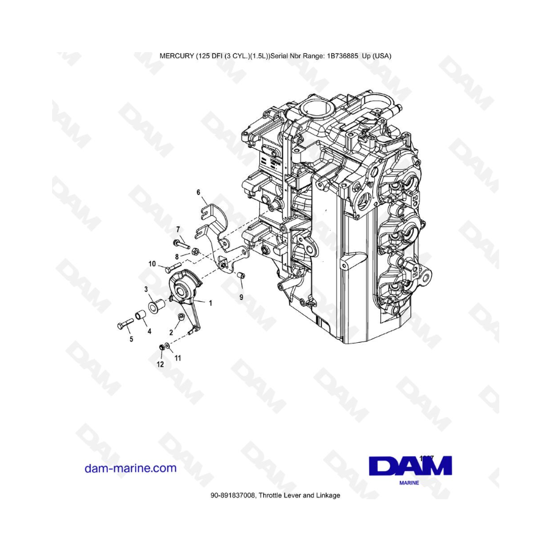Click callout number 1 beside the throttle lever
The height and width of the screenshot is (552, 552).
coord(211,303)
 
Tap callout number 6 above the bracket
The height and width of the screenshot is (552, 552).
coord(198,193)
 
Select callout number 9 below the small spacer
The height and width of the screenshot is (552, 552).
coord(241,297)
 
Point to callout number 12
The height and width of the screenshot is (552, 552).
coord(160,364)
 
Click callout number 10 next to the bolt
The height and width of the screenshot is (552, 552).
coord(152,264)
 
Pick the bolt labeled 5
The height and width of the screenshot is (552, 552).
coord(125,323)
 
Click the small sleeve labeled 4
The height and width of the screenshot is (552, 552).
coord(141,315)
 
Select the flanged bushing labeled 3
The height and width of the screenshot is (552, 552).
coord(156,305)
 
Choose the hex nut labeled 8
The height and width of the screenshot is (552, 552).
coord(194,251)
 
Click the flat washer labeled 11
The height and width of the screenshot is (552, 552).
coord(169,346)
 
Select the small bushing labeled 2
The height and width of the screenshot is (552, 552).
coord(181,316)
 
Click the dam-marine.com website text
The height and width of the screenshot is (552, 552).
coord(130,468)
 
